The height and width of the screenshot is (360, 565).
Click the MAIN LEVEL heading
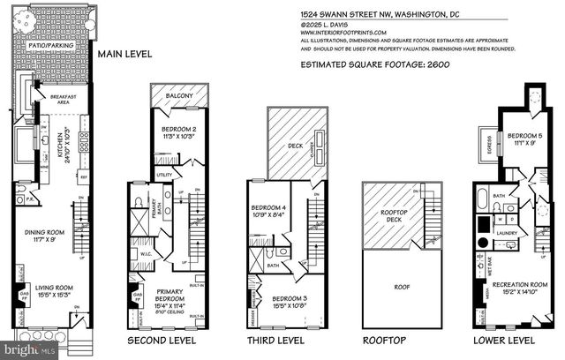pos(124,54)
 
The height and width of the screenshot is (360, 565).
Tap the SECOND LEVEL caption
pos(165,339)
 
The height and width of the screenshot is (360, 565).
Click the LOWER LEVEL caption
pos(504,339)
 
